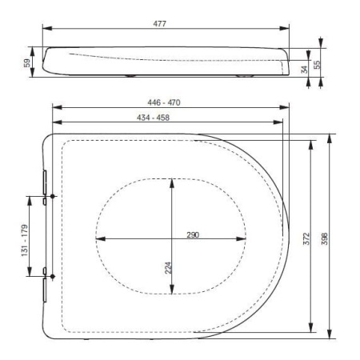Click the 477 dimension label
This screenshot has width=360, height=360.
point(159,24)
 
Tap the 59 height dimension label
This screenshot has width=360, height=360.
point(27,63)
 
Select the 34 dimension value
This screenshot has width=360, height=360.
point(304,70)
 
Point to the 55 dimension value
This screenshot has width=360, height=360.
point(317,65)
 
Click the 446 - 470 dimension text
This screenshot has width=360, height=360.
point(164,102)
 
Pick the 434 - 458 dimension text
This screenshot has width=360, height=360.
point(153,118)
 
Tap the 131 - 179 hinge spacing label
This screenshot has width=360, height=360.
point(25,241)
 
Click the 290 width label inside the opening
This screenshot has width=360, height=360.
point(193,235)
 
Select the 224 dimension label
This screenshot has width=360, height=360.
point(168,268)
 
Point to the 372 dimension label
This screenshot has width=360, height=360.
point(306,238)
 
